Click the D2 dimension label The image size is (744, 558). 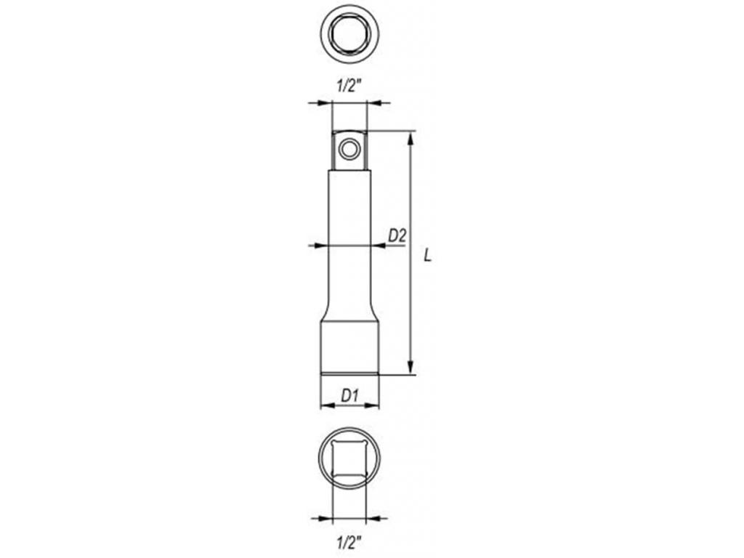[397, 235]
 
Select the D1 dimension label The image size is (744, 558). [349, 395]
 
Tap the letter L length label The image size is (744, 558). [428, 256]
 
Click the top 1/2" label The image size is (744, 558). [349, 86]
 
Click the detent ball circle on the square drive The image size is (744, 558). [349, 150]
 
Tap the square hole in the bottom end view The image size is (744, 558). [349, 458]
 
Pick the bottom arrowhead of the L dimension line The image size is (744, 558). [411, 367]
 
